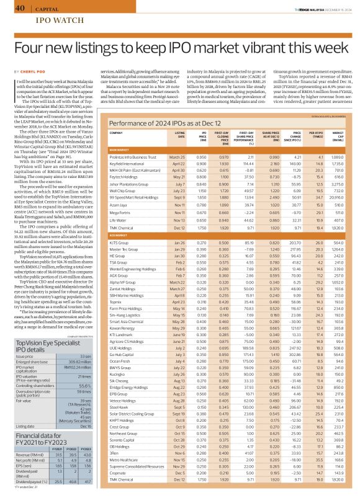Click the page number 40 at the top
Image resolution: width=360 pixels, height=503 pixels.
(x=19, y=7)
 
